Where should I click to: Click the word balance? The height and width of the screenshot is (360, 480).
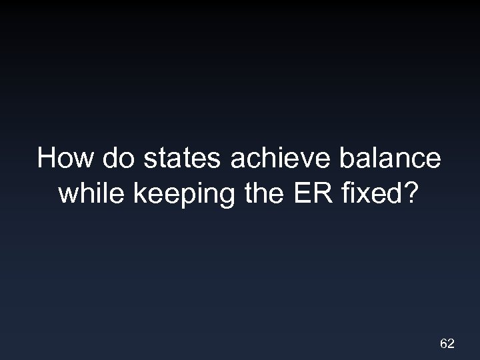391,159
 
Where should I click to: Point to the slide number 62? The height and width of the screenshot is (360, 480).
447,344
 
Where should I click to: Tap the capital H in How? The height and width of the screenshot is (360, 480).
47,159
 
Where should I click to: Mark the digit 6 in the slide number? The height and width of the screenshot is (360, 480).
443,344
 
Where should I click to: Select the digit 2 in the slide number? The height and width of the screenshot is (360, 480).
451,344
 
